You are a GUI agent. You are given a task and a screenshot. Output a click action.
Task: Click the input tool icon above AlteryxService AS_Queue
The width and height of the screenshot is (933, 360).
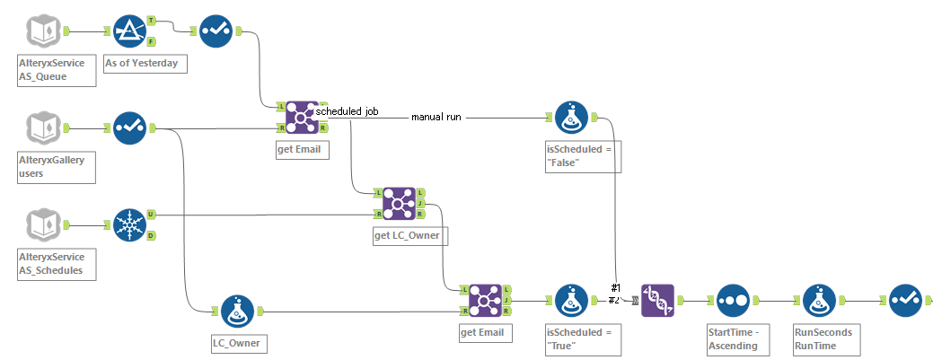pyautogui.click(x=46, y=31)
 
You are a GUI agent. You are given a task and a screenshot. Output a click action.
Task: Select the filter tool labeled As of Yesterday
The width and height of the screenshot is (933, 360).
pyautogui.click(x=130, y=31)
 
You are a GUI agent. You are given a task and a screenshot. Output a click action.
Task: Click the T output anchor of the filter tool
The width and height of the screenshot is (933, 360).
pyautogui.click(x=151, y=20)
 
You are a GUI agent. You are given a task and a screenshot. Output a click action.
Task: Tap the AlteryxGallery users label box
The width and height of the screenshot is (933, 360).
pyautogui.click(x=57, y=166)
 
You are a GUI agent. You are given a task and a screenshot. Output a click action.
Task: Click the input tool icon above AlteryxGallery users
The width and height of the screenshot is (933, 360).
pyautogui.click(x=46, y=127)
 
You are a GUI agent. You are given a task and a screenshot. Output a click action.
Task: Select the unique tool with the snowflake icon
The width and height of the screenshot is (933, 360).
pyautogui.click(x=130, y=225)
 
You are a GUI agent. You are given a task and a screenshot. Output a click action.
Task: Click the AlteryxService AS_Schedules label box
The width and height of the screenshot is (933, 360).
pyautogui.click(x=57, y=262)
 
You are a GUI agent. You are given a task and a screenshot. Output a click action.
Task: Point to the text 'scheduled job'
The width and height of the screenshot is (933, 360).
pyautogui.click(x=347, y=112)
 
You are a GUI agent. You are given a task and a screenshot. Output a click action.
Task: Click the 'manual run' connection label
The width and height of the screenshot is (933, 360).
pyautogui.click(x=436, y=118)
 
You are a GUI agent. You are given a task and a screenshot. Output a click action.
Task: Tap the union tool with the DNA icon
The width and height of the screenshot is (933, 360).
pyautogui.click(x=657, y=301)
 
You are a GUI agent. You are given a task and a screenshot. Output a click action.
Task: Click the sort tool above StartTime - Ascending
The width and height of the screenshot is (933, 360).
pyautogui.click(x=733, y=301)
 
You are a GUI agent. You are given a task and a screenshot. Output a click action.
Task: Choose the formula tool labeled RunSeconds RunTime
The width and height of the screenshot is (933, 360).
pyautogui.click(x=819, y=301)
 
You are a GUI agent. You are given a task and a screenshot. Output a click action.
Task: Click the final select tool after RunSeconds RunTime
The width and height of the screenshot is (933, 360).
pyautogui.click(x=903, y=301)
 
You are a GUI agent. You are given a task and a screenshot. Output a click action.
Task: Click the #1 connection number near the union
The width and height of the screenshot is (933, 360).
pyautogui.click(x=615, y=287)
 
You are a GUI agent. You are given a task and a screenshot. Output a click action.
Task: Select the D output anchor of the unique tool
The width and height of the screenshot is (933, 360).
pyautogui.click(x=151, y=235)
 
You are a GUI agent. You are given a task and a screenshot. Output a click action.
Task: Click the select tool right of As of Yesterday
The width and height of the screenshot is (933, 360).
pyautogui.click(x=216, y=31)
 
